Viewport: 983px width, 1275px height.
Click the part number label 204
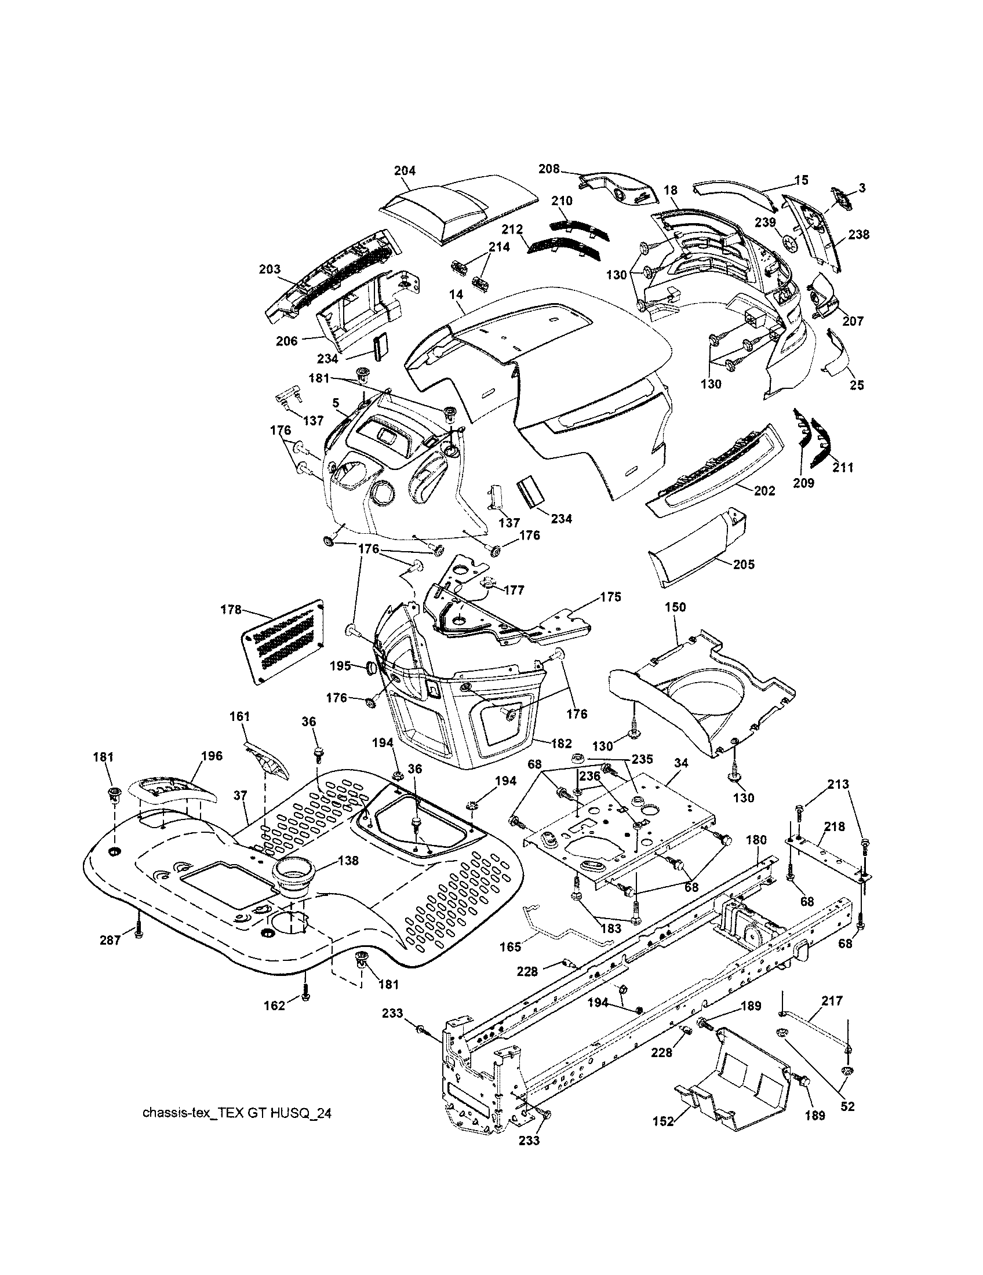pyautogui.click(x=405, y=170)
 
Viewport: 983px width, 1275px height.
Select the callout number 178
pyautogui.click(x=231, y=610)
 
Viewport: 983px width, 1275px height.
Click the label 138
pyautogui.click(x=348, y=861)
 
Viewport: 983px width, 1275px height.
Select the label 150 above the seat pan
pyautogui.click(x=675, y=607)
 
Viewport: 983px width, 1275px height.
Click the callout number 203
pyautogui.click(x=270, y=269)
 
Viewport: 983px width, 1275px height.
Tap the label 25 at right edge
pyautogui.click(x=857, y=385)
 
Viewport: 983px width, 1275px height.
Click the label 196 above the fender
pyautogui.click(x=212, y=756)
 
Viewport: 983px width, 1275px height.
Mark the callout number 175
pyautogui.click(x=610, y=596)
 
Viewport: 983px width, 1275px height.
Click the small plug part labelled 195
pyautogui.click(x=370, y=666)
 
